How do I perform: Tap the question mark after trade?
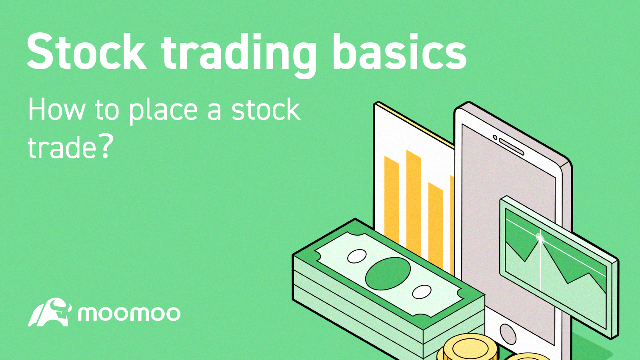(105, 146)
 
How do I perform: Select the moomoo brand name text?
(129, 314)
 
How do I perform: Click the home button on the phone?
(508, 333)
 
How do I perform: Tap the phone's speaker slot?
(511, 147)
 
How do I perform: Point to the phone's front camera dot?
(495, 138)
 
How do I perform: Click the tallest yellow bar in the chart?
(414, 204)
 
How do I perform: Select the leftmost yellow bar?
(392, 200)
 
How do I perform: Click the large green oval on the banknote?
(388, 273)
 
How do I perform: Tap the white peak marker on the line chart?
(540, 239)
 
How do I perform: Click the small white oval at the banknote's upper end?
(357, 256)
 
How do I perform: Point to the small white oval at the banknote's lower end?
(421, 292)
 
